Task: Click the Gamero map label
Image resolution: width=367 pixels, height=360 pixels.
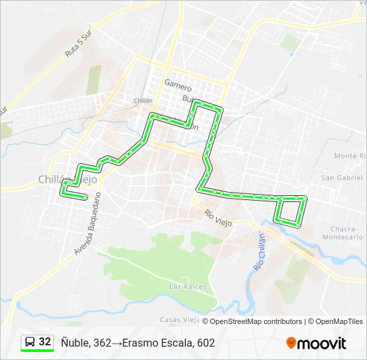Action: [x=177, y=88]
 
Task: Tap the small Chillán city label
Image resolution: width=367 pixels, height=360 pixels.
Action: [x=143, y=101]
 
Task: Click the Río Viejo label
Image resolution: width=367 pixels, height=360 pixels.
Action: [x=218, y=217]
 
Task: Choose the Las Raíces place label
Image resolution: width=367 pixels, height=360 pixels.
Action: [x=188, y=287]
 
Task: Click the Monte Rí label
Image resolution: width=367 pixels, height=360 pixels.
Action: [x=349, y=156]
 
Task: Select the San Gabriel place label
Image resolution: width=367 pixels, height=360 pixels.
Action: [x=342, y=178]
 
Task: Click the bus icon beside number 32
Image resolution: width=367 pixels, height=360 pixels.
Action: [x=30, y=342]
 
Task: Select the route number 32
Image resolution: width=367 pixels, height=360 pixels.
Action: [x=45, y=342]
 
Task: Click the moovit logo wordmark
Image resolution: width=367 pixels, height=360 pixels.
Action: [x=322, y=343]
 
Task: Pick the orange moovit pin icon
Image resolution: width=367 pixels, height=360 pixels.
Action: [x=291, y=343]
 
